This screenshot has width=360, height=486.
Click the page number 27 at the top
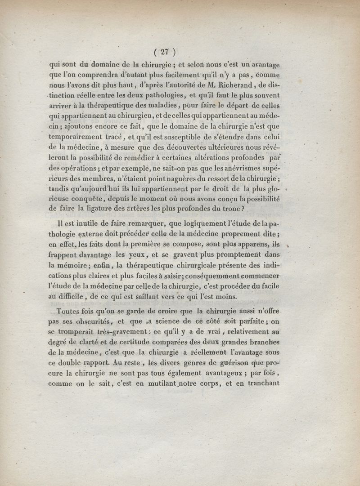point(164,51)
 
